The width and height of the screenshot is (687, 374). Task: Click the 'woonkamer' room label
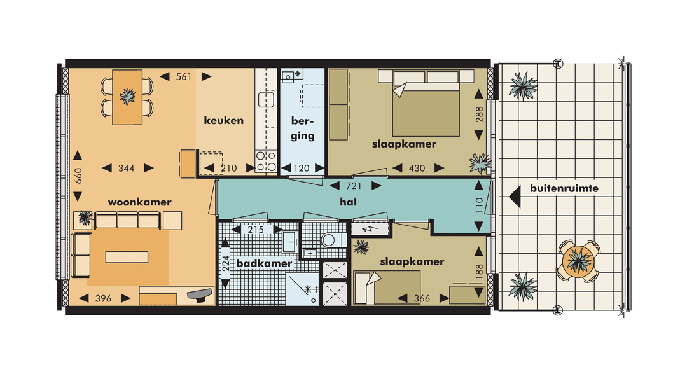(139, 202)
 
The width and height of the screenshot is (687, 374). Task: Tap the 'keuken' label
(223, 120)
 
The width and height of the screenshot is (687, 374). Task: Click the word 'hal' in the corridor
(347, 202)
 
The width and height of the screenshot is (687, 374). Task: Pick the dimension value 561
(184, 77)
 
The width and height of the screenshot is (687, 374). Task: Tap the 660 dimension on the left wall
(78, 176)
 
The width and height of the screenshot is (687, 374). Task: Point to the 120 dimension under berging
(303, 168)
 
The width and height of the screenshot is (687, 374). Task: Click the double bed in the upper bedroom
(425, 108)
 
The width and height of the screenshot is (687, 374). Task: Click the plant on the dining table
(127, 97)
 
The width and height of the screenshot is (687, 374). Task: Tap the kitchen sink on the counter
(265, 99)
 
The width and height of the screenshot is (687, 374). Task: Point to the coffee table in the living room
(125, 257)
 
